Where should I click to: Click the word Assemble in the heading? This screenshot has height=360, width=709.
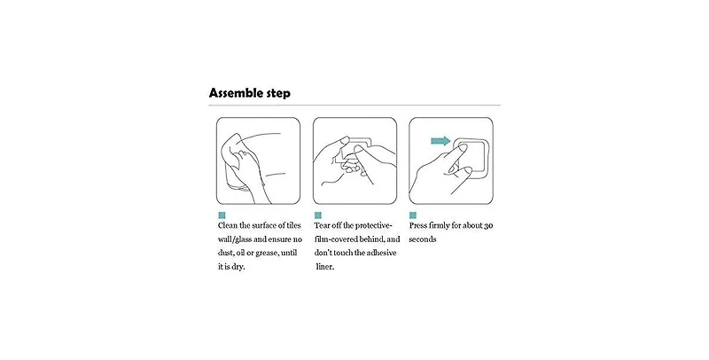click(x=235, y=93)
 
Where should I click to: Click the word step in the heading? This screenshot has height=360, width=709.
click(x=277, y=94)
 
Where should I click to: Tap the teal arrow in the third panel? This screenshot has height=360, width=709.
click(x=440, y=141)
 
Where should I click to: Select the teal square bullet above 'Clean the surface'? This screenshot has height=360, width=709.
click(x=222, y=215)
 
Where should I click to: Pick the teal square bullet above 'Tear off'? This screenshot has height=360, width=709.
click(x=318, y=215)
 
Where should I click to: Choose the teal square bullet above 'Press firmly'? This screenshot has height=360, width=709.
click(x=412, y=215)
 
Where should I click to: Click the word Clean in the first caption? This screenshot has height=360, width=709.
click(x=228, y=225)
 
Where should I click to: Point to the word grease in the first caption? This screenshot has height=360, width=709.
click(x=266, y=253)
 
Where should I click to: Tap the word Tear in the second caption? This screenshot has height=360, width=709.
click(x=322, y=225)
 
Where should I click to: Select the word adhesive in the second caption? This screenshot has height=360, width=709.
click(x=382, y=253)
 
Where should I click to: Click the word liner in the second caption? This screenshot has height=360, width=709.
click(x=325, y=267)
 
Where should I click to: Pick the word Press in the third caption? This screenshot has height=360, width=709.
click(x=418, y=225)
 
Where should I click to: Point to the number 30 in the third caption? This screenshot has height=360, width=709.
click(x=488, y=226)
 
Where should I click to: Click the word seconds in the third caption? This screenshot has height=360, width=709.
click(x=423, y=239)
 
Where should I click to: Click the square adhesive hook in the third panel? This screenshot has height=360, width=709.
click(x=471, y=156)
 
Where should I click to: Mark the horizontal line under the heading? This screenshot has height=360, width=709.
click(x=354, y=106)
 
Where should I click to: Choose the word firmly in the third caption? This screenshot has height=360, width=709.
click(x=440, y=226)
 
